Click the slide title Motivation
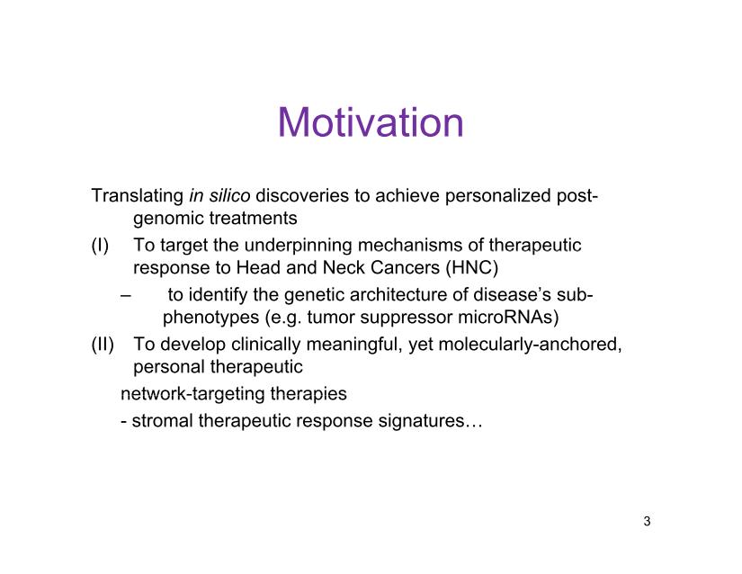pos(371,122)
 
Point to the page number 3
pos(647,522)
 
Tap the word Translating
pos(138,196)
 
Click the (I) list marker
pos(100,246)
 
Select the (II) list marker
pos(103,345)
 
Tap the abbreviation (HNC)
pos(472,268)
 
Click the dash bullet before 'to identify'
pos(126,296)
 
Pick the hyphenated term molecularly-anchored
pos(531,345)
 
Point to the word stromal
pos(162,421)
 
